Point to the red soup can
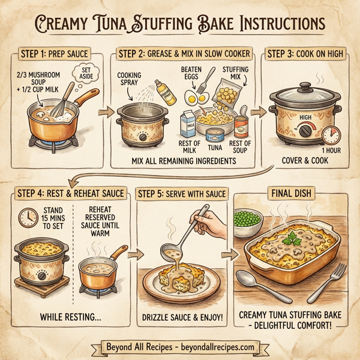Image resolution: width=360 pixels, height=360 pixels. [241, 126]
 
